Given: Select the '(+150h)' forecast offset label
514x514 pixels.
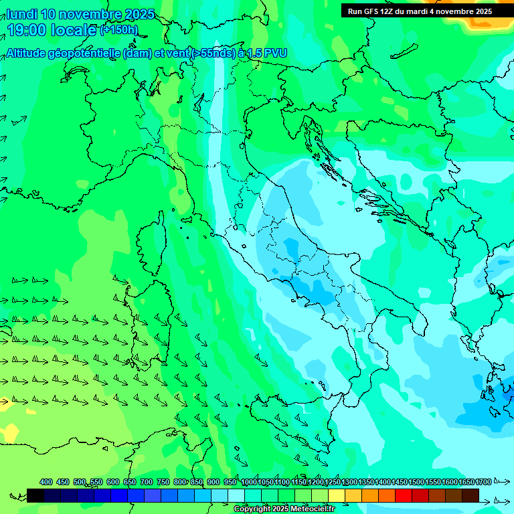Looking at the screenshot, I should [x=118, y=30].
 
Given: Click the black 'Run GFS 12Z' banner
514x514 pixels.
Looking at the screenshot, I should [x=420, y=11].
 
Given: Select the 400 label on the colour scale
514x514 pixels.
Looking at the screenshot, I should [x=46, y=482].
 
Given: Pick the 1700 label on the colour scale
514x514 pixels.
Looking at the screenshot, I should [x=483, y=482].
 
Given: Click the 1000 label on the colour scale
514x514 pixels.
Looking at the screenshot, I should [x=249, y=482].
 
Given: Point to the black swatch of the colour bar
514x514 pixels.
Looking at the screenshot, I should [x=35, y=495].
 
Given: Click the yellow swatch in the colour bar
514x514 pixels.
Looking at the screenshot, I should [x=337, y=495].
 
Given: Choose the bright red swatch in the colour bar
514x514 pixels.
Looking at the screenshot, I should [x=404, y=495].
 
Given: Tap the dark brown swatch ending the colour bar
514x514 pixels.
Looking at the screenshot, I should [x=470, y=495].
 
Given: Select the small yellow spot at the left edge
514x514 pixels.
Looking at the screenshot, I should [x=5, y=402].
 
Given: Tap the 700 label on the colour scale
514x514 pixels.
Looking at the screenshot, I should [x=147, y=482].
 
